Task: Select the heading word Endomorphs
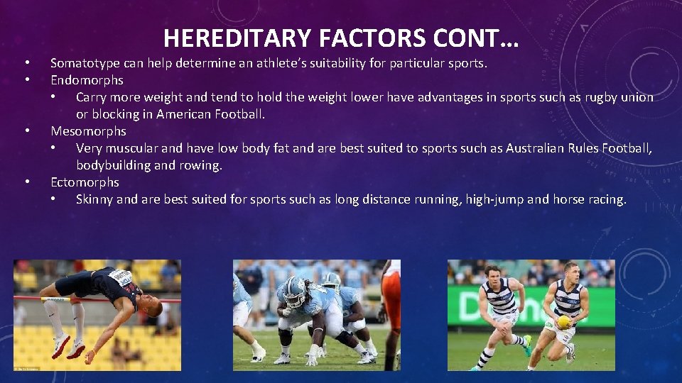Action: (87, 80)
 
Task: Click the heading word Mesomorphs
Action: (88, 131)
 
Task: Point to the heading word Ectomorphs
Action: (85, 182)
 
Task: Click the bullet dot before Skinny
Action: (54, 199)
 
